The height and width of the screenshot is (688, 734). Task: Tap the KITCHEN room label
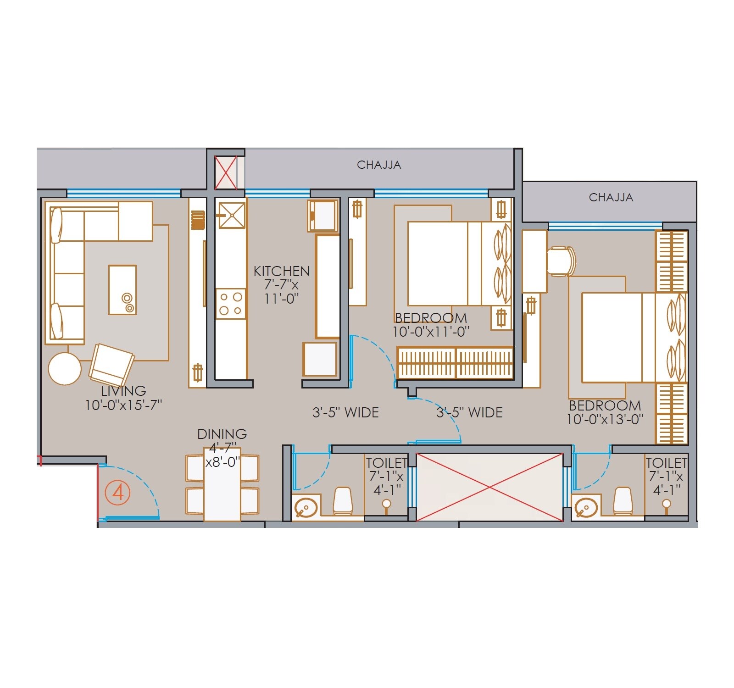[281, 271]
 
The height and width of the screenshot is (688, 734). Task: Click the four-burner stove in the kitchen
[231, 304]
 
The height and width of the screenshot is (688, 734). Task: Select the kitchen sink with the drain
[232, 215]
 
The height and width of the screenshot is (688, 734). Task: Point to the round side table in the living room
[65, 369]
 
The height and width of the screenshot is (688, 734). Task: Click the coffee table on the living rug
[122, 290]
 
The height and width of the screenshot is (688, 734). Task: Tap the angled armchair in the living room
[111, 365]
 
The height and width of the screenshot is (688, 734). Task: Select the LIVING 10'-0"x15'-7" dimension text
[123, 398]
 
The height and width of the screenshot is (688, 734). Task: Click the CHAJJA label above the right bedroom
[611, 198]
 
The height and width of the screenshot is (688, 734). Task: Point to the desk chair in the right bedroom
[561, 261]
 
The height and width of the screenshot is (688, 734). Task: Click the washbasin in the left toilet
[305, 508]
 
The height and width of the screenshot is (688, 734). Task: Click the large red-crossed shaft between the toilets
[489, 487]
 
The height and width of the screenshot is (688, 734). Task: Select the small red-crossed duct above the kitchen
[226, 172]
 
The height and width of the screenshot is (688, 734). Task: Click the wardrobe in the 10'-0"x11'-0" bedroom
[455, 363]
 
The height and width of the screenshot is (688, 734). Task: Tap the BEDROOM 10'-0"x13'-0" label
[605, 412]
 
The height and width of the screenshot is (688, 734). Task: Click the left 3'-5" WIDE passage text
[345, 412]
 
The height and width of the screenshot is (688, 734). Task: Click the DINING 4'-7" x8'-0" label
[222, 447]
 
